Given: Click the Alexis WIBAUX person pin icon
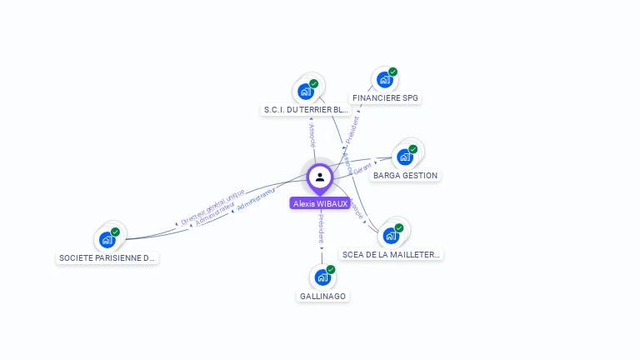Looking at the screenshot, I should coord(320,177).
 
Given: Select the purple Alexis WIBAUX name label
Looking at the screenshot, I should coord(320,203).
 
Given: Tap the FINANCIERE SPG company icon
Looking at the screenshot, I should coord(383,80).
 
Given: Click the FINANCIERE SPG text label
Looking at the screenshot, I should coord(385,98).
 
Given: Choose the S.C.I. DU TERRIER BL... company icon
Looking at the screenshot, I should coord(306,92).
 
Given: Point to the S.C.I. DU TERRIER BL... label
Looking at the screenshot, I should coord(306,110).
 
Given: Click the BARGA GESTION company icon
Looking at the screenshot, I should coord(405,157).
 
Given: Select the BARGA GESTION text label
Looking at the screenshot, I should coord(406,176).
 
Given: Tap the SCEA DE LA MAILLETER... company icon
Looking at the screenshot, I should coord(391,236).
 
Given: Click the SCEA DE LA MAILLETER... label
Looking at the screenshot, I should coord(392,255).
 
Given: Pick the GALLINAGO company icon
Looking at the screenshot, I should coord(321,277).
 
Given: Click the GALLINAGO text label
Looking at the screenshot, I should coord(322,297).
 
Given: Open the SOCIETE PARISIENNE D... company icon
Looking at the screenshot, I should coord(107,240).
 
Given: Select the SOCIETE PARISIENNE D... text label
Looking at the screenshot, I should coord(107,258).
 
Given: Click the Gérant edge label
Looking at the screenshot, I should coord(362,168).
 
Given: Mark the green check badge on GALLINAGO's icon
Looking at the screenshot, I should coord(331,270).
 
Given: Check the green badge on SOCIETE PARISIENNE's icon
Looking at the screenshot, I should coord(116,232).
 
